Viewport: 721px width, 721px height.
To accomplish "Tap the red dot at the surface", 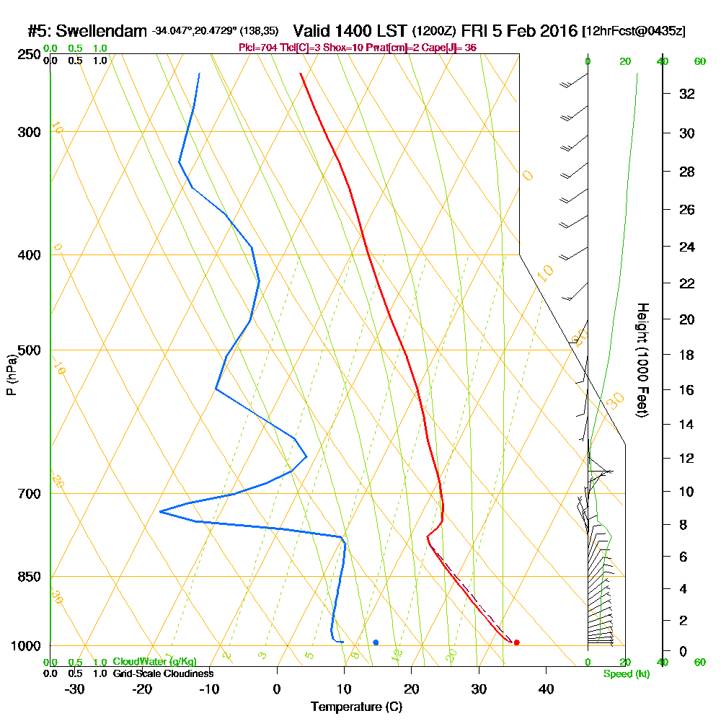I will [516, 642].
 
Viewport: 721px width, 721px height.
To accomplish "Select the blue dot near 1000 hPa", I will [376, 642].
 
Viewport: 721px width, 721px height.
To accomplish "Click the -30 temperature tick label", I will [75, 689].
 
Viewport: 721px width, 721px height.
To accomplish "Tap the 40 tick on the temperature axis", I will [547, 689].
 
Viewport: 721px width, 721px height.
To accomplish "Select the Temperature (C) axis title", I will [356, 707].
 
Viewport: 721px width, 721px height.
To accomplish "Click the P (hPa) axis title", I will [11, 375].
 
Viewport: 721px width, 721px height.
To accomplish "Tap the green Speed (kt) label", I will [626, 674].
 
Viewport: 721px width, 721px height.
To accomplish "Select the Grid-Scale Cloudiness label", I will [163, 673].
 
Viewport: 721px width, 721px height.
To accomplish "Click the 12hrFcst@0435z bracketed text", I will [634, 32].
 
